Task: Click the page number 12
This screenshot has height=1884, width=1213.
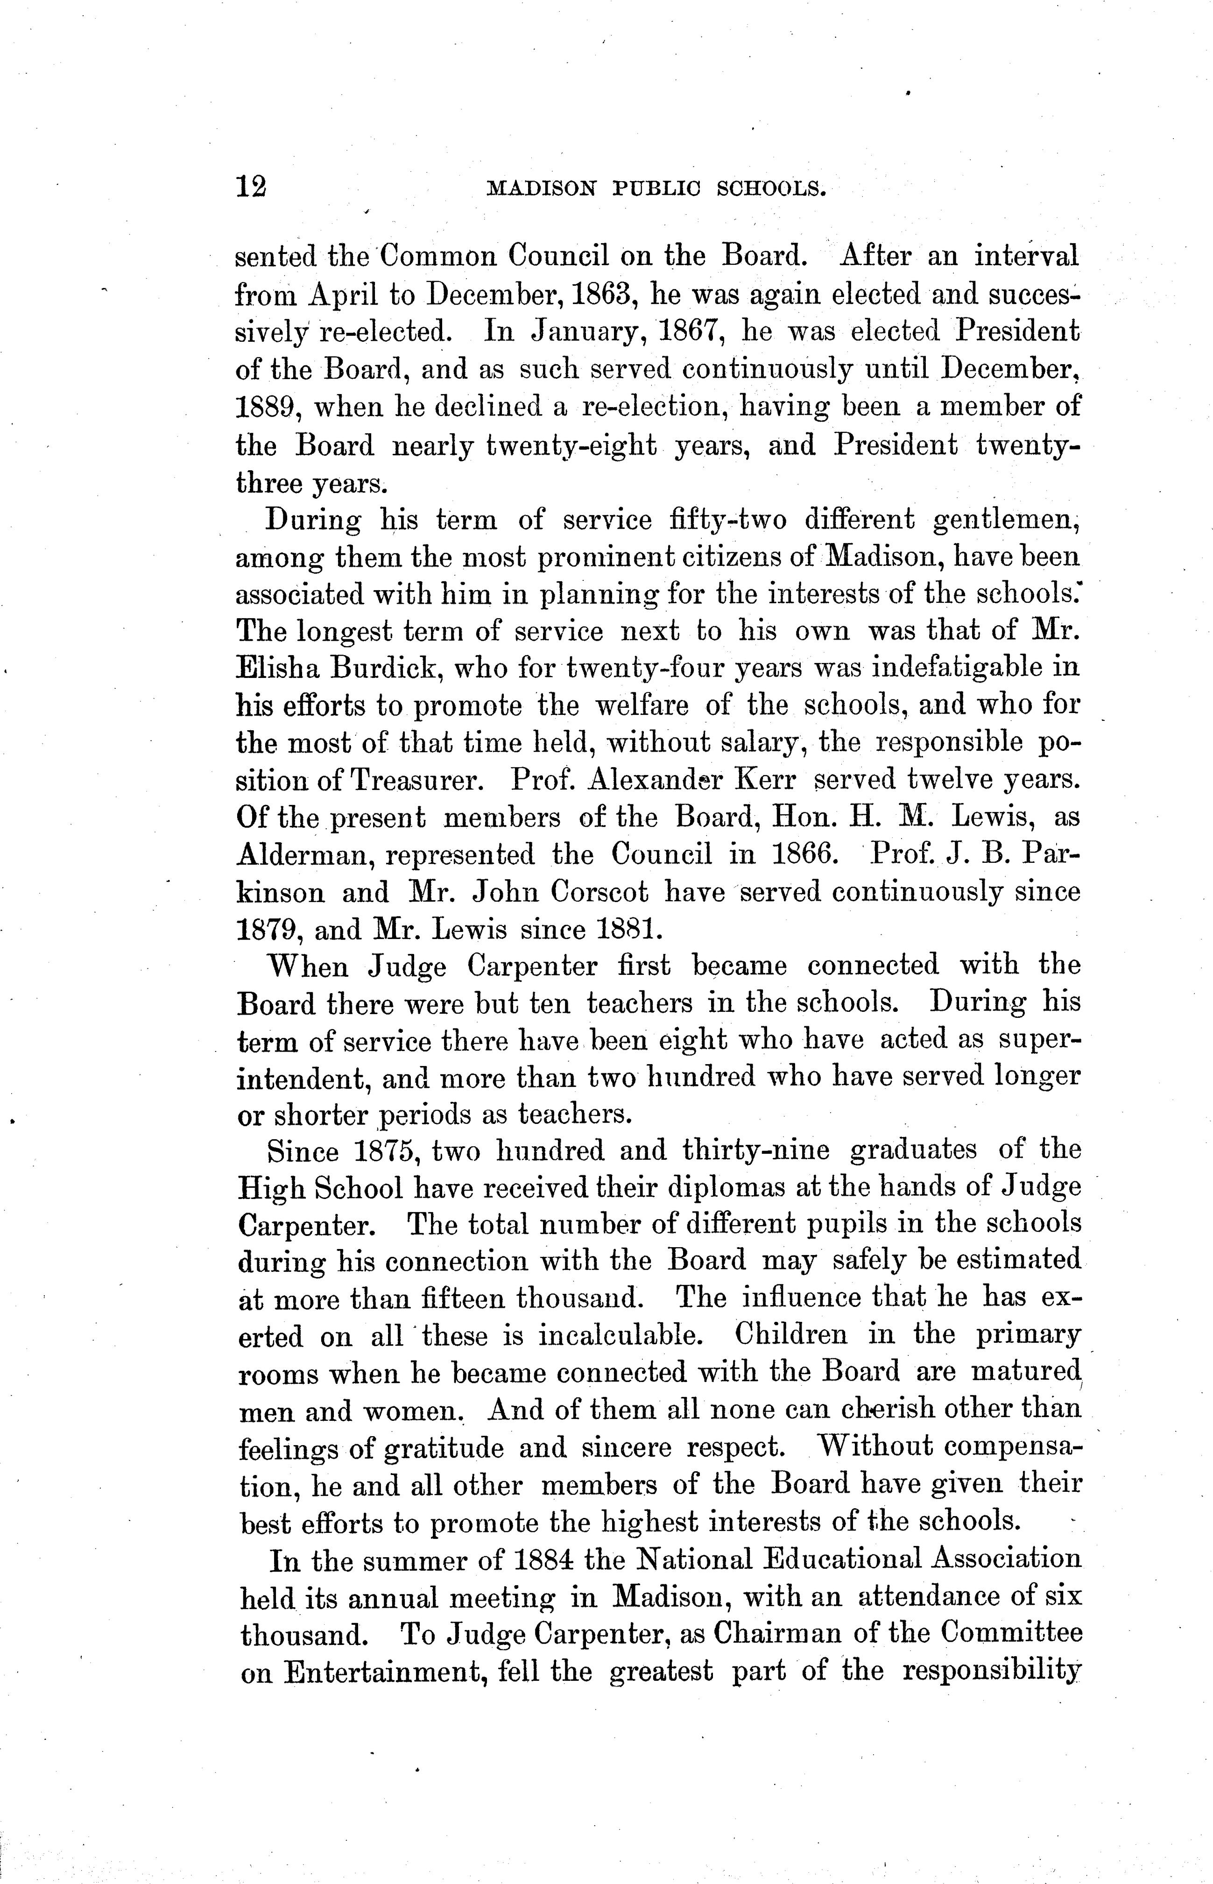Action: coord(251,187)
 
